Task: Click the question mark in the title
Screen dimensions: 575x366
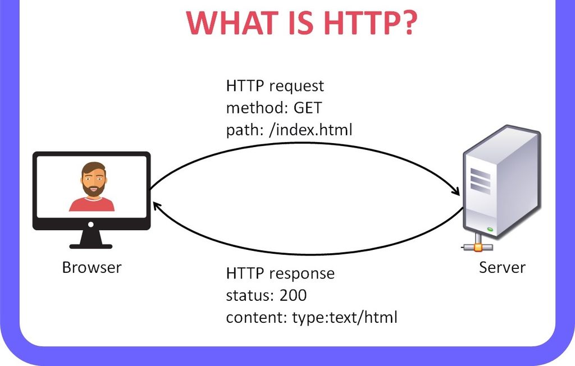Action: [x=407, y=23]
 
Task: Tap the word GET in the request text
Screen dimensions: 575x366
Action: [x=308, y=108]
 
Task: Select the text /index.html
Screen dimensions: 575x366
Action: [x=311, y=130]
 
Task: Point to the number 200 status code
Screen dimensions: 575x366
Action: [x=293, y=295]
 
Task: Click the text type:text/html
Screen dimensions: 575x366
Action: [x=345, y=317]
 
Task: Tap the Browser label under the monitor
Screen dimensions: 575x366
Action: [x=92, y=267]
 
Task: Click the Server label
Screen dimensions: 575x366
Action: [x=502, y=267]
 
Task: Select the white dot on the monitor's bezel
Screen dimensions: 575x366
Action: [x=91, y=224]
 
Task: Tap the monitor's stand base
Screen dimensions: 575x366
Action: [x=91, y=246]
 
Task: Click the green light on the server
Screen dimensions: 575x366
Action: [x=490, y=230]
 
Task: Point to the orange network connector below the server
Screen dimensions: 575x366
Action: [x=478, y=248]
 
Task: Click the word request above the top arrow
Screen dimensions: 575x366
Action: [x=296, y=86]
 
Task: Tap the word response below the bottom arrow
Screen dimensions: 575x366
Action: [x=302, y=274]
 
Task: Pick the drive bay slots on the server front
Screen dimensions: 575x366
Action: [x=480, y=180]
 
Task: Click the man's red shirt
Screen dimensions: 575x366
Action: [x=92, y=204]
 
